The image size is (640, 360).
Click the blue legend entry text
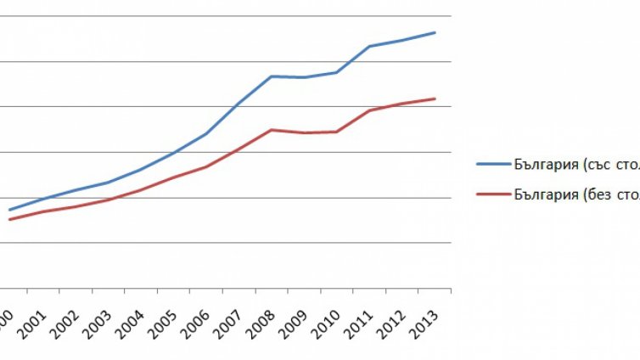coord(576,164)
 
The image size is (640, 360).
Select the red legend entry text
coord(576,194)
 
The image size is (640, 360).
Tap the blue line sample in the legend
coord(491,164)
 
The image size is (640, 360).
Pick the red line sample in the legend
coord(491,194)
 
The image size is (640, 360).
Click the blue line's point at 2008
coord(271,76)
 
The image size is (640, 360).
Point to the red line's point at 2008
coord(271,130)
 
